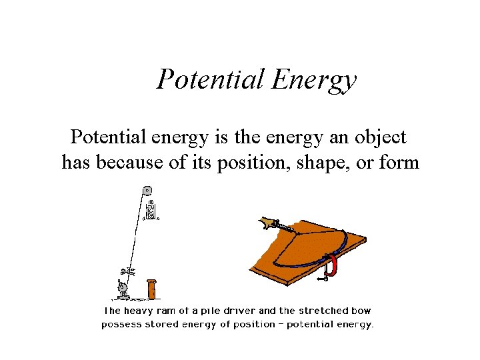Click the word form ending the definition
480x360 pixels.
[399, 162]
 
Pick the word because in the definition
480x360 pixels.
[131, 162]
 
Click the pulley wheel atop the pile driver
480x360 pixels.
[147, 189]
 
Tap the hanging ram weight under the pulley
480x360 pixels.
[151, 211]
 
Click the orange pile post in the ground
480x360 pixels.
[152, 290]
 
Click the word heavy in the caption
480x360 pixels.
[139, 311]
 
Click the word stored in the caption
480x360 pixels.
[160, 325]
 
